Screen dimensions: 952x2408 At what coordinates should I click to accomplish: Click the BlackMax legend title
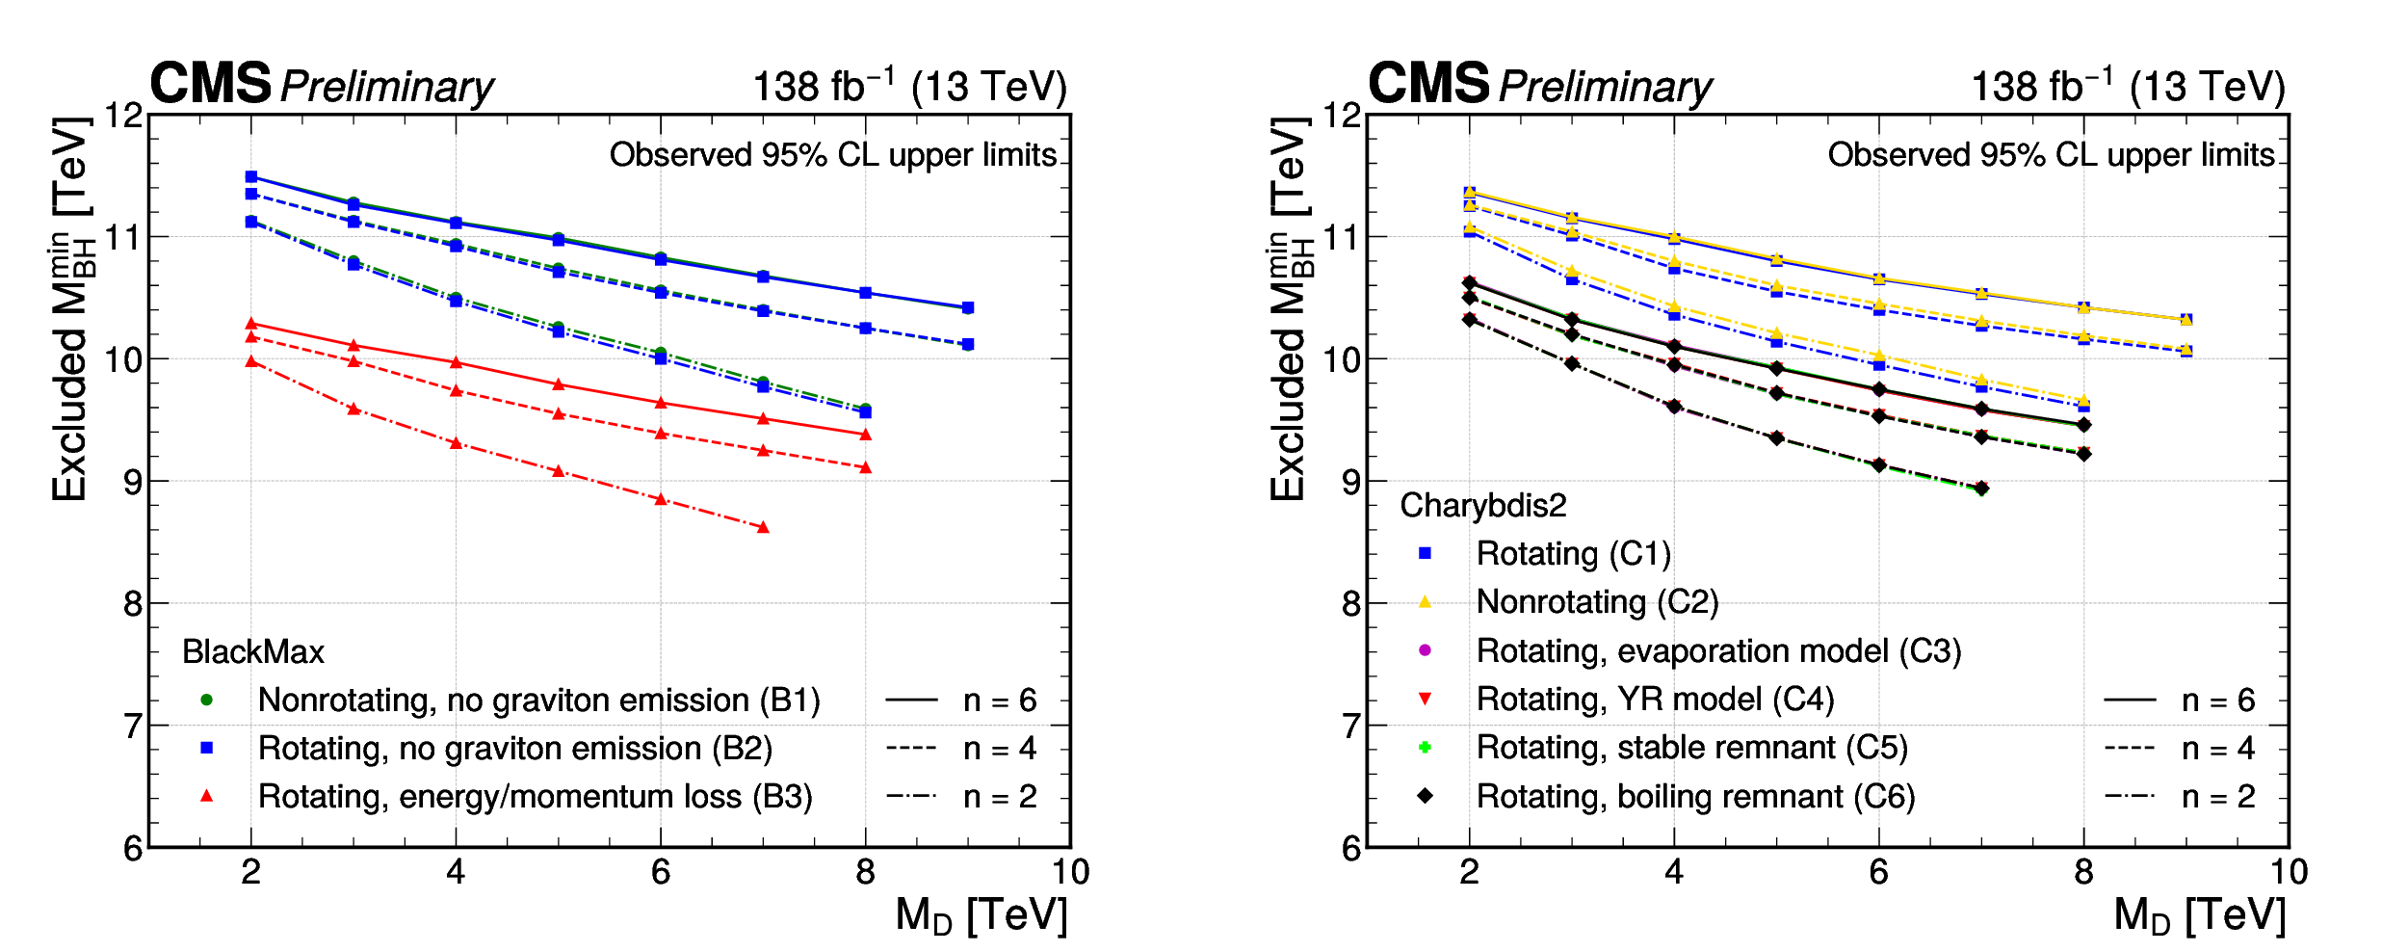[253, 652]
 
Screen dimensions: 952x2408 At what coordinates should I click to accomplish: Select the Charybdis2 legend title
[1483, 505]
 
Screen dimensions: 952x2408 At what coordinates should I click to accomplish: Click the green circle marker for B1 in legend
[206, 700]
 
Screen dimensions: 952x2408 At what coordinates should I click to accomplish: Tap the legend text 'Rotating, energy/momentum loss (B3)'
[536, 797]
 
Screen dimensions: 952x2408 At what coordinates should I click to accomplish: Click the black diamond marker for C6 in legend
[1425, 796]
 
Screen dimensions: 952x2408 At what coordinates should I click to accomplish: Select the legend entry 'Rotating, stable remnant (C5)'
[1691, 748]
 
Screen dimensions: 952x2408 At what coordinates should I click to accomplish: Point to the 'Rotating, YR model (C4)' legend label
[1655, 700]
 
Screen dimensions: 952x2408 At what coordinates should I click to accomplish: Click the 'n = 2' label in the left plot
[1000, 797]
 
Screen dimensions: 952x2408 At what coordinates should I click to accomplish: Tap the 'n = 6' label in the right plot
[2218, 701]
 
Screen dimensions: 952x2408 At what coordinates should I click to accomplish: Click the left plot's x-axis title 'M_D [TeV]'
[981, 914]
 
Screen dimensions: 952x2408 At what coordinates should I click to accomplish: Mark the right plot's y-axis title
[1289, 308]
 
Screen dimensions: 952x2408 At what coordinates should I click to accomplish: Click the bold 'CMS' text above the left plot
[211, 84]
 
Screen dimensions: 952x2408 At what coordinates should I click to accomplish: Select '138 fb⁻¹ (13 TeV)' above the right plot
[2128, 86]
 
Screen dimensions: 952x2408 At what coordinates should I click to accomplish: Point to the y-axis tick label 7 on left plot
[133, 726]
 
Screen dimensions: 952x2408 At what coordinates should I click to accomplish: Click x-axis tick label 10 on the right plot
[2289, 872]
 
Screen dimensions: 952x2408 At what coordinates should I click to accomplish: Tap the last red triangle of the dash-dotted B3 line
[763, 527]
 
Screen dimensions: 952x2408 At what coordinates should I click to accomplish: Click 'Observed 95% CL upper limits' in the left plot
[833, 155]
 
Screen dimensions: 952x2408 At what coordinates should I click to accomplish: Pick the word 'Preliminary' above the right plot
[1606, 87]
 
